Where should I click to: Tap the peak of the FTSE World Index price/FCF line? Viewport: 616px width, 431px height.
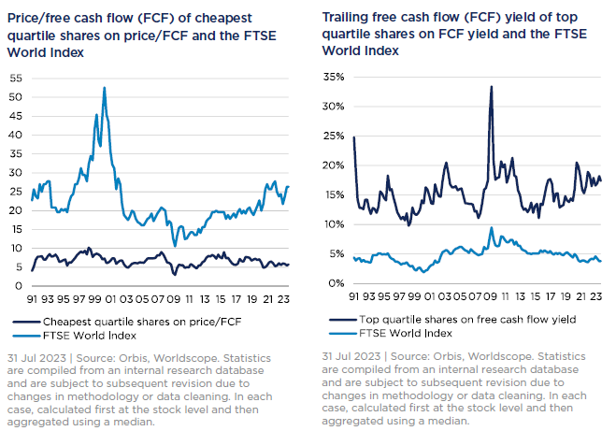(x=104, y=88)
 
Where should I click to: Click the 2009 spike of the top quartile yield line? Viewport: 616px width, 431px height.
(x=491, y=87)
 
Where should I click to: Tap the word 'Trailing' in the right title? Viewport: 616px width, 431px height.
(x=345, y=17)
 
